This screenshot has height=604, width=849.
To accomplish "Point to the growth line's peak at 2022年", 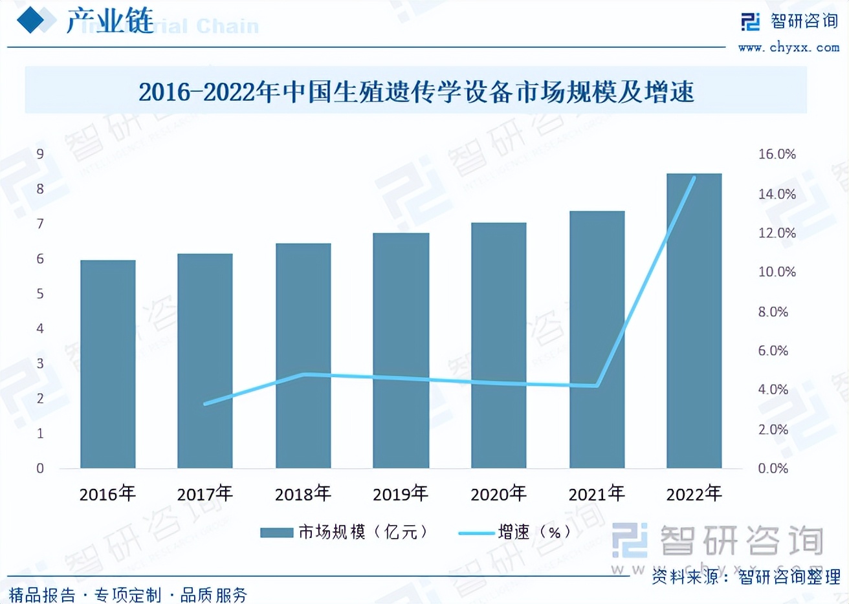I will pyautogui.click(x=694, y=178).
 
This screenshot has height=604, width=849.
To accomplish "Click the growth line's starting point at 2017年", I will pyautogui.click(x=205, y=404).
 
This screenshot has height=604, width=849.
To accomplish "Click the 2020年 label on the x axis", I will pyautogui.click(x=498, y=494).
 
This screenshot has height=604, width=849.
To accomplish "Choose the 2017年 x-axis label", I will pyautogui.click(x=205, y=494).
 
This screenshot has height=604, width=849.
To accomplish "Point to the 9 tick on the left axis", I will pyautogui.click(x=40, y=154).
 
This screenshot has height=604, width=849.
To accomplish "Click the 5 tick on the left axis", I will pyautogui.click(x=40, y=294).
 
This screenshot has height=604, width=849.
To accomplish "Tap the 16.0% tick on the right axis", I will pyautogui.click(x=777, y=154).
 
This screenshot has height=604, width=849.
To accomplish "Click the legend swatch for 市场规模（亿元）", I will pyautogui.click(x=276, y=532).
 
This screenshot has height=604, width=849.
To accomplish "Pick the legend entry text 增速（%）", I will pyautogui.click(x=535, y=532).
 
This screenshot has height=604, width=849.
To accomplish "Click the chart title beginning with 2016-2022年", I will pyautogui.click(x=416, y=92).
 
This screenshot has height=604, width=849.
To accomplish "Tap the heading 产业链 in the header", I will pyautogui.click(x=110, y=22).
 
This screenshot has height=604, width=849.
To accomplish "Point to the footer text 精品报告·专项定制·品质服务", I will pyautogui.click(x=128, y=594).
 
